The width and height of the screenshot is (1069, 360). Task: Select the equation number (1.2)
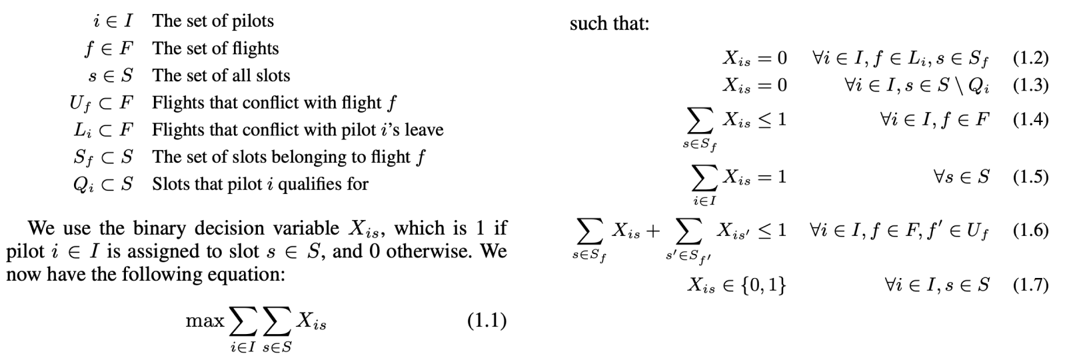pyautogui.click(x=1030, y=59)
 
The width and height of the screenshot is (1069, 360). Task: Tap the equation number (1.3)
pyautogui.click(x=1030, y=85)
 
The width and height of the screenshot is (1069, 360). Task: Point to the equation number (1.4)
pyautogui.click(x=1030, y=119)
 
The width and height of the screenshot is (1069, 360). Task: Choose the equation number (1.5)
pyautogui.click(x=1030, y=177)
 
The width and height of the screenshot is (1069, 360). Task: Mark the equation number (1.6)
pyautogui.click(x=1030, y=231)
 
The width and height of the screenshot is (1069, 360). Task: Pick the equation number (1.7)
pyautogui.click(x=1030, y=285)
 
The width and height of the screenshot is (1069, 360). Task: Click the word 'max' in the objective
pyautogui.click(x=205, y=321)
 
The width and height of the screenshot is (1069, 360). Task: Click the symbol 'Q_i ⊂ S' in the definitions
pyautogui.click(x=103, y=185)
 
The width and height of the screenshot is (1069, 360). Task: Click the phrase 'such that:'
pyautogui.click(x=609, y=24)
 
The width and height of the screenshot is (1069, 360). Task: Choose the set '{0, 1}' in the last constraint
pyautogui.click(x=764, y=285)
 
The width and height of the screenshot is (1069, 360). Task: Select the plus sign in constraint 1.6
pyautogui.click(x=652, y=231)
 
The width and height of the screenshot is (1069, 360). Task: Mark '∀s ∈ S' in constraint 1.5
pyautogui.click(x=961, y=177)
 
